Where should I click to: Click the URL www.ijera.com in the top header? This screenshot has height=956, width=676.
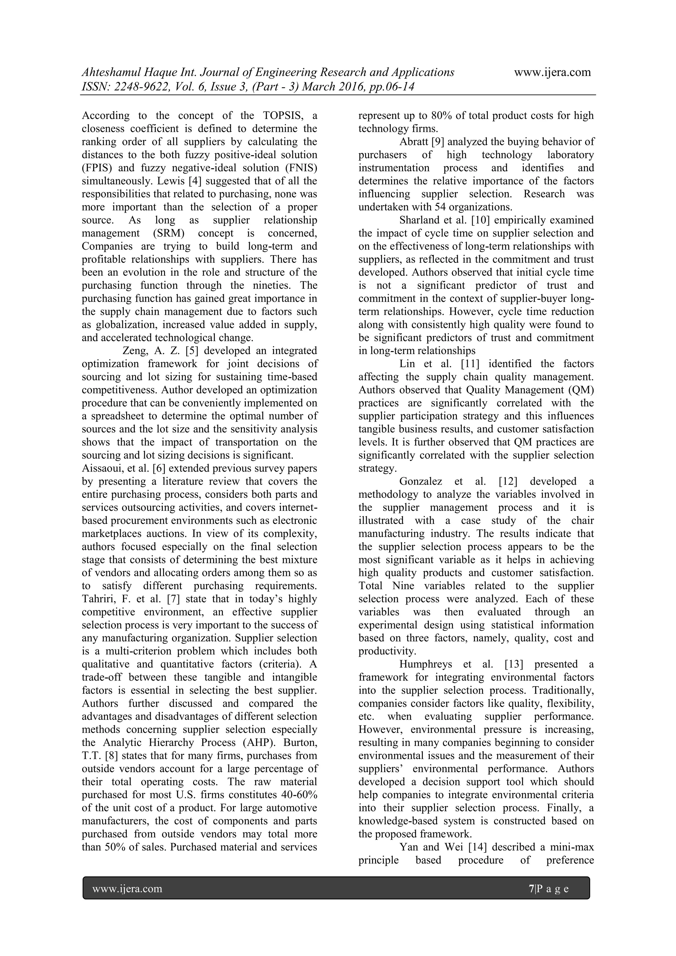552,72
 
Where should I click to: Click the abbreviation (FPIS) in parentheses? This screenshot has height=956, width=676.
97,168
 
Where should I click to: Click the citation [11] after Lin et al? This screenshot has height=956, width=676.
470,364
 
